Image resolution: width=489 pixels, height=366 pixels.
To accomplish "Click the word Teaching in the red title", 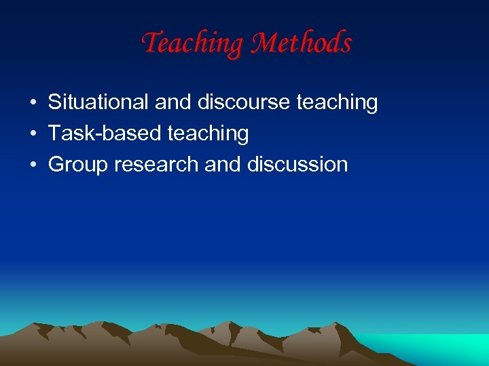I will click(x=193, y=44).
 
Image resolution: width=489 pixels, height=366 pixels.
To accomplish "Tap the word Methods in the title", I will click(x=301, y=44).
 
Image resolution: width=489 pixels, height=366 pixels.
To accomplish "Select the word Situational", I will click(x=98, y=102).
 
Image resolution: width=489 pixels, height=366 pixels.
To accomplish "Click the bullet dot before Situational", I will click(x=33, y=103).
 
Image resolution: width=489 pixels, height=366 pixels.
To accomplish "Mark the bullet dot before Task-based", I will click(x=33, y=134).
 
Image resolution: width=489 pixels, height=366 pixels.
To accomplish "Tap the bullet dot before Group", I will click(x=33, y=165).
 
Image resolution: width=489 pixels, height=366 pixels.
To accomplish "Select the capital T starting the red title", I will click(x=151, y=43).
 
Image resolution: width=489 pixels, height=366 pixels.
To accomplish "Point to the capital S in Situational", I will click(x=55, y=102).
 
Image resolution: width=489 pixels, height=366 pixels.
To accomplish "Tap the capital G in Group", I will click(x=56, y=165).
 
